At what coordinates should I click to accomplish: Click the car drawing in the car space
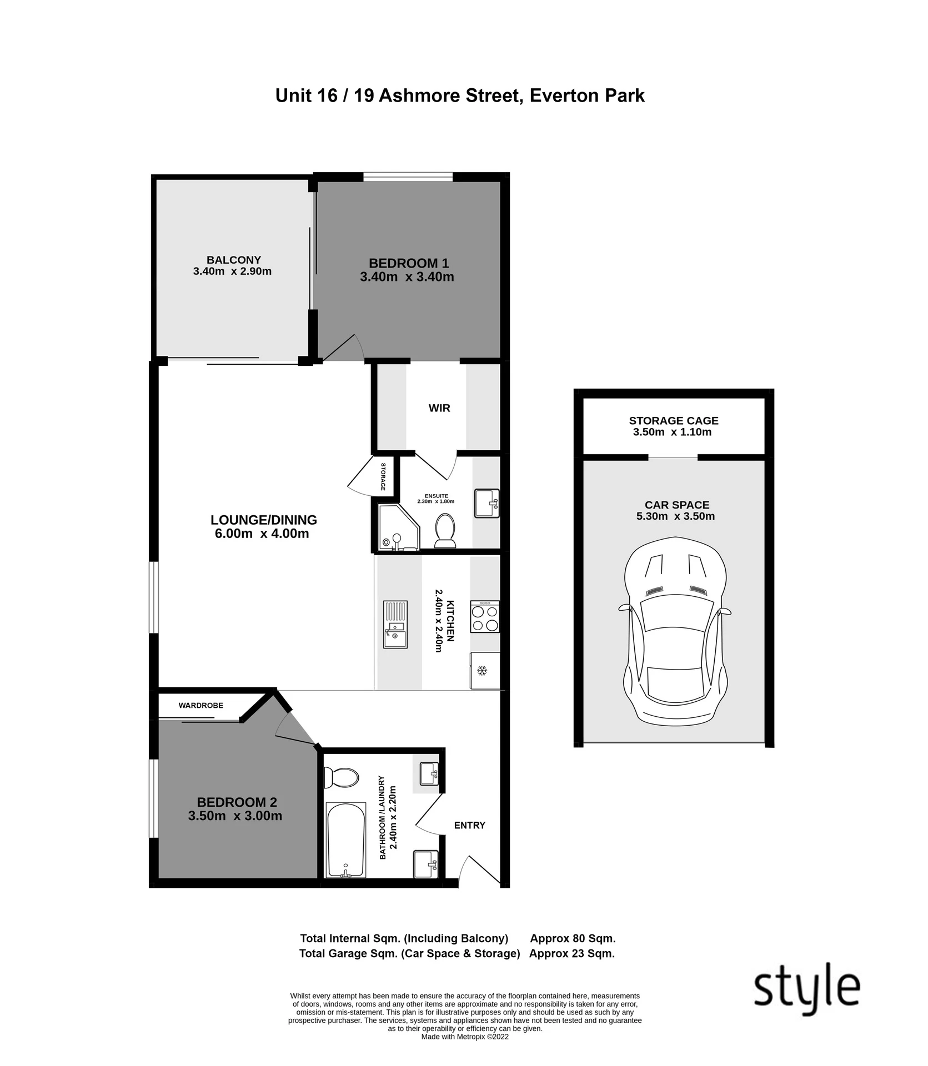point(674,631)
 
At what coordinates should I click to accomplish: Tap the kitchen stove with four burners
point(485,616)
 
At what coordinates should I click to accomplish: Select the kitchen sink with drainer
point(395,624)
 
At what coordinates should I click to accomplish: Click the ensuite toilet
point(444,530)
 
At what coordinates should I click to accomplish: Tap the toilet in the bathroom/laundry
point(341,777)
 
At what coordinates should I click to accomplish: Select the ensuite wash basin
point(486,503)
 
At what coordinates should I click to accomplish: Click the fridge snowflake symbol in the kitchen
point(482,671)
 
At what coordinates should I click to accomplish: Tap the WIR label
point(439,408)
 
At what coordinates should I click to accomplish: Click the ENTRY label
point(470,825)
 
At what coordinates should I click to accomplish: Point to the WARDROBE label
point(201,705)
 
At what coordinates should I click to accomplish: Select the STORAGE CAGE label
point(674,420)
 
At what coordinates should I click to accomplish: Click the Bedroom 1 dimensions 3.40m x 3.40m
point(407,276)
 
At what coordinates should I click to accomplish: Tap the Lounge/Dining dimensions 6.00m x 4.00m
point(262,534)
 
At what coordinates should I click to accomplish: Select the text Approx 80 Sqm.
point(573,938)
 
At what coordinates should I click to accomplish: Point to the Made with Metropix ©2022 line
point(465,1036)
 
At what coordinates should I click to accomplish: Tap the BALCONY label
point(234,260)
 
